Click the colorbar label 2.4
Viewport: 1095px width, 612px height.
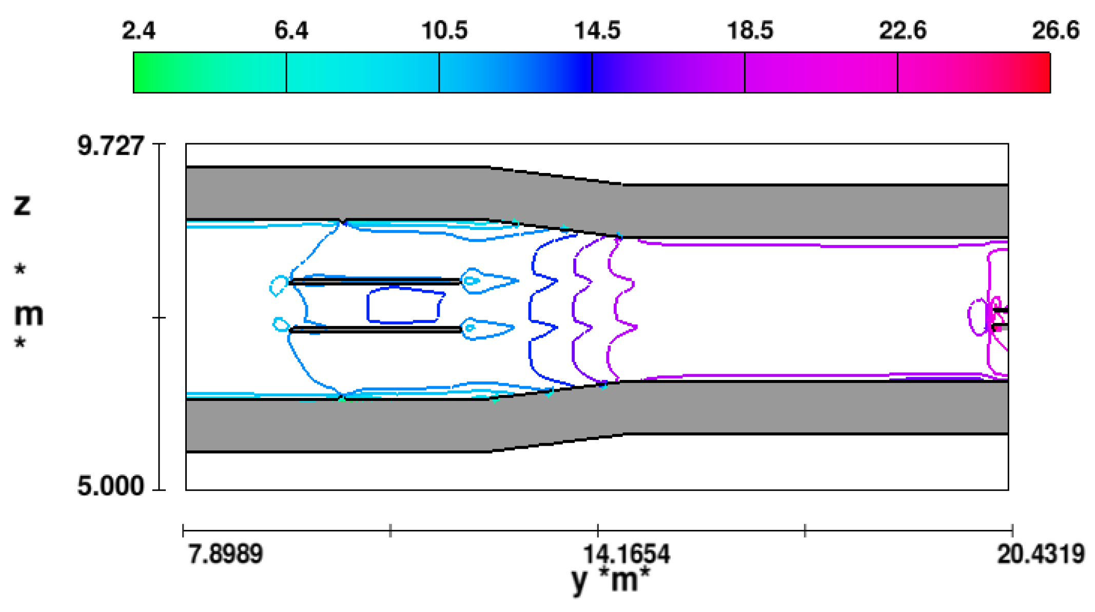[x=138, y=30]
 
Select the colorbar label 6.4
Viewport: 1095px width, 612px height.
[x=291, y=30]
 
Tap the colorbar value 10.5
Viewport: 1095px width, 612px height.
[x=444, y=30]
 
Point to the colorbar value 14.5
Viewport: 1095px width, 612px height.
[x=597, y=30]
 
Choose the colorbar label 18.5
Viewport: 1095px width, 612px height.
[x=750, y=30]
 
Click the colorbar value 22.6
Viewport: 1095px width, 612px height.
[x=903, y=30]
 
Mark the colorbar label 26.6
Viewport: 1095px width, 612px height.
[x=1055, y=30]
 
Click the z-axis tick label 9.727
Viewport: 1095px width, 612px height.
[x=110, y=146]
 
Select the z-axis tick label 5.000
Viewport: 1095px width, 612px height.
[x=110, y=485]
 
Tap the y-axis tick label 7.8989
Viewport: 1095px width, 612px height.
[x=225, y=554]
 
